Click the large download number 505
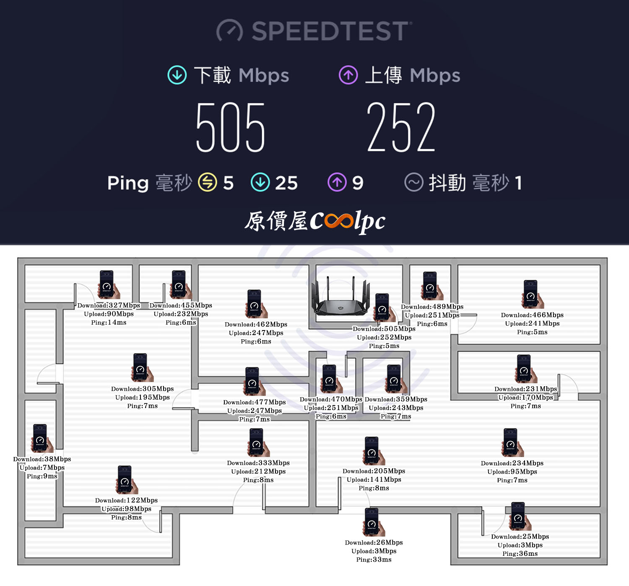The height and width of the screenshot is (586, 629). tap(230, 127)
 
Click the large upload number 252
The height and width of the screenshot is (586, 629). tap(401, 127)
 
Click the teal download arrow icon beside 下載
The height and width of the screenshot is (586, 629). tap(177, 75)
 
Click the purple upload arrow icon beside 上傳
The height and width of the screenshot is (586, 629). tap(348, 75)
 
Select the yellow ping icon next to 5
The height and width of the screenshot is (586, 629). tap(208, 182)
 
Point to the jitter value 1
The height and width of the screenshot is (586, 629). tap(518, 183)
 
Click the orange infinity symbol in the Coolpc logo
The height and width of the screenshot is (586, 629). tap(338, 221)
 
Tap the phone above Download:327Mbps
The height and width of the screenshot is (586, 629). tap(109, 284)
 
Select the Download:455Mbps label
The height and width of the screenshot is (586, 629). tap(181, 305)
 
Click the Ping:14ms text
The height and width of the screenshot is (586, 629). tap(109, 323)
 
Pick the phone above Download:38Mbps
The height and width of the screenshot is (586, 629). tap(42, 438)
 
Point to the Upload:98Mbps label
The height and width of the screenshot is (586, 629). tap(126, 509)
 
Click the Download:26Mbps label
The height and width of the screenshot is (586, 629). tap(374, 543)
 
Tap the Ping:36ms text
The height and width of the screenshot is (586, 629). tap(520, 554)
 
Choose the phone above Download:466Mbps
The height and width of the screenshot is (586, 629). tap(533, 294)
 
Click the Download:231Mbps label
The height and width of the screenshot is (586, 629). tap(525, 389)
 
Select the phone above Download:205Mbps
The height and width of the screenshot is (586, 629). tap(374, 451)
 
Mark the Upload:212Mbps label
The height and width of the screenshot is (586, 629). tap(258, 472)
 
